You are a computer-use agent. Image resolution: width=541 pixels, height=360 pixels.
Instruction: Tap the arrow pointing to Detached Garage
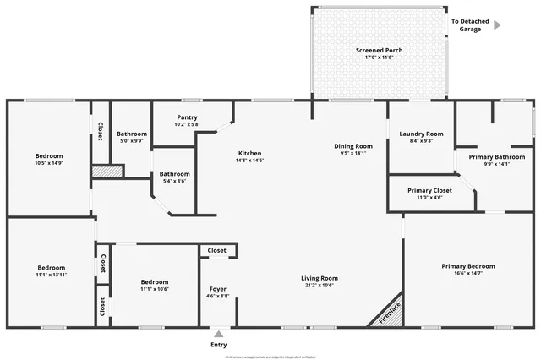(x=497, y=25)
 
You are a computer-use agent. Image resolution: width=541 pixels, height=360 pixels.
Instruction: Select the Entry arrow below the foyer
(x=218, y=334)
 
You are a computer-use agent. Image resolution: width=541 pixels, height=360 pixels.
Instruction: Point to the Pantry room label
(x=187, y=117)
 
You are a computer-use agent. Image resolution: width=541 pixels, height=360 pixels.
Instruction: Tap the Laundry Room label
(x=421, y=134)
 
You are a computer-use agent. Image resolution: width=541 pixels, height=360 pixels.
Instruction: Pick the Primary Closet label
(x=429, y=190)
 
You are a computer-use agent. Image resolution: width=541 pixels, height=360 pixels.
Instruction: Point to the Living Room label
(x=320, y=278)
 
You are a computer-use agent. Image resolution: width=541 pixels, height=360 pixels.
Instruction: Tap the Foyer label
(x=217, y=290)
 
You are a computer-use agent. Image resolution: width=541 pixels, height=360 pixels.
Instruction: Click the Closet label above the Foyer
(x=217, y=251)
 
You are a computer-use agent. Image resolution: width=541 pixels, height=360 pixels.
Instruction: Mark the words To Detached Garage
(x=470, y=25)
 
